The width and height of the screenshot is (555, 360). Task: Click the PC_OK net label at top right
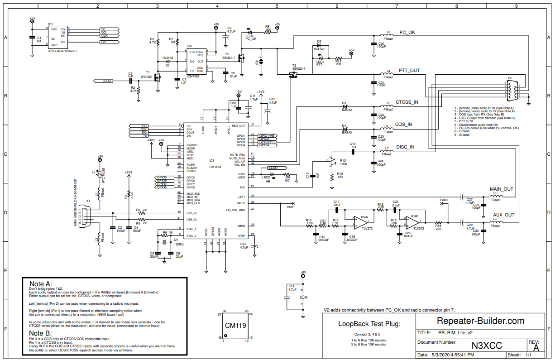[x=407, y=33]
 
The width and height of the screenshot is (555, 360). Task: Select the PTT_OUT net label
[x=409, y=71]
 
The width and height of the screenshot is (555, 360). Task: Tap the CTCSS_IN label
[x=407, y=102]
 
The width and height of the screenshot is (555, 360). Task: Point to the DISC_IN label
[x=405, y=147]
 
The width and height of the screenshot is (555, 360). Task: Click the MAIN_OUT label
[x=502, y=189]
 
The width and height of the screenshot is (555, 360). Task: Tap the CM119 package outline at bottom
[x=236, y=326]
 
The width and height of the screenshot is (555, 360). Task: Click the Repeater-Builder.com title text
[x=480, y=321]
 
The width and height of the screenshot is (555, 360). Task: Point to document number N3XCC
[x=487, y=346]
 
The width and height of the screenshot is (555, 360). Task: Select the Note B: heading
[x=40, y=333]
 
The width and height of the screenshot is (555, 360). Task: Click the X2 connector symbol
[x=512, y=90]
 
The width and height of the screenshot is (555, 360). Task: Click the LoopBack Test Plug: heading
[x=363, y=324]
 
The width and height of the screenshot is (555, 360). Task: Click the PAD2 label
[x=444, y=200]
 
